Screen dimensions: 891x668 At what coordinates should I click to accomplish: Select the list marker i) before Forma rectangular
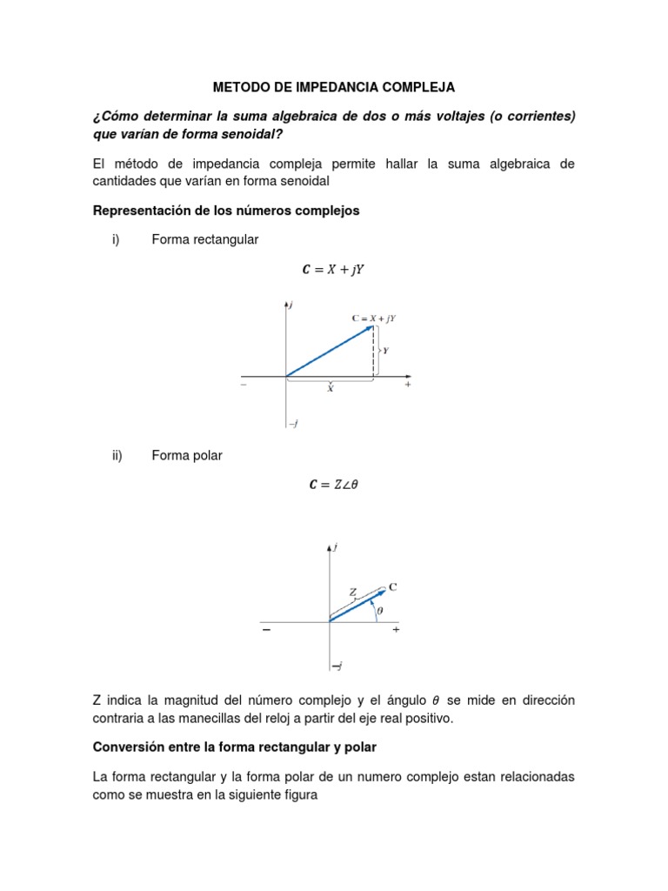click(x=115, y=239)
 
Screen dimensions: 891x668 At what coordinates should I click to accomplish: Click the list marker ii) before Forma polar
click(x=117, y=455)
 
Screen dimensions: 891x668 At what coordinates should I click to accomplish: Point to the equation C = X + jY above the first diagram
click(x=333, y=270)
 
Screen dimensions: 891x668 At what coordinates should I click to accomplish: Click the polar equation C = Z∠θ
click(x=333, y=486)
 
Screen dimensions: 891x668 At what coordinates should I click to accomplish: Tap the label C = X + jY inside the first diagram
click(x=373, y=318)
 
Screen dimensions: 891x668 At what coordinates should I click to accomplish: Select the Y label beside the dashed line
click(x=385, y=351)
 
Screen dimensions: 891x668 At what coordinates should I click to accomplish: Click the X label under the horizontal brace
click(x=330, y=390)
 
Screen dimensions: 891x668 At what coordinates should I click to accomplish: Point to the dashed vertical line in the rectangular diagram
click(x=374, y=352)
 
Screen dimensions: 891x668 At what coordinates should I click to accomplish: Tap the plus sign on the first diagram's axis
click(x=407, y=384)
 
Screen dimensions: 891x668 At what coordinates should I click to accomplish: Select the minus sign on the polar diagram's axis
click(x=265, y=633)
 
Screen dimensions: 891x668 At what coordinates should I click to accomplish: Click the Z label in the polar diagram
click(x=352, y=593)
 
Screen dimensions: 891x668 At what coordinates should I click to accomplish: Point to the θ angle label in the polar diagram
click(x=379, y=611)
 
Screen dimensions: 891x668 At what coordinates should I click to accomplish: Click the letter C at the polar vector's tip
click(x=392, y=587)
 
